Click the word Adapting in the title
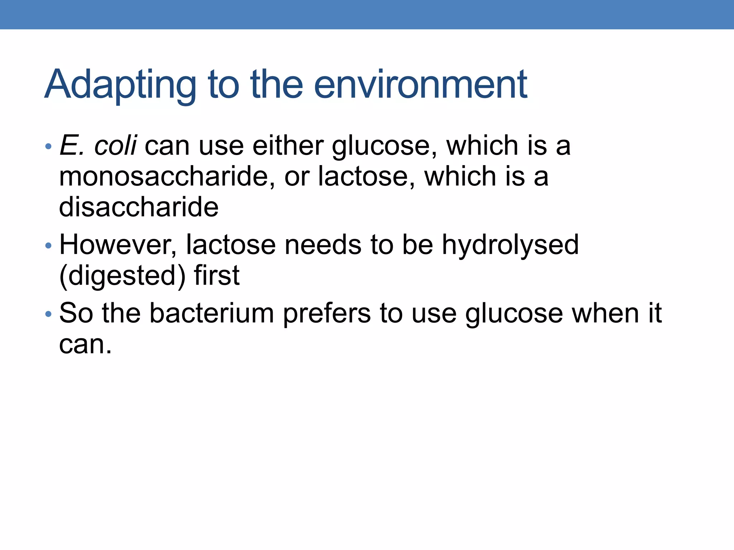[120, 85]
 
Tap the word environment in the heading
[420, 85]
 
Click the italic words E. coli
[98, 146]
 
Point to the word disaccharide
[139, 207]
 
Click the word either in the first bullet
[288, 146]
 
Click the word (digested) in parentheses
[122, 276]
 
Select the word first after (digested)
[216, 275]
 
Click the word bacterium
[212, 313]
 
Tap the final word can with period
[85, 345]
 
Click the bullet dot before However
[48, 246]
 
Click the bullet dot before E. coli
[48, 146]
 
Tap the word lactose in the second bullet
[231, 245]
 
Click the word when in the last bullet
[605, 313]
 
